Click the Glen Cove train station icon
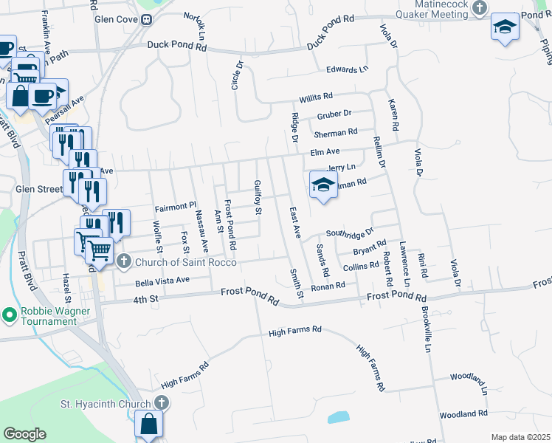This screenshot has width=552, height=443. pyautogui.click(x=148, y=20)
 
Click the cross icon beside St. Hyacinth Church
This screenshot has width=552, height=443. pyautogui.click(x=162, y=403)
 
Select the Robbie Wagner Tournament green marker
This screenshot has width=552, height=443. pyautogui.click(x=10, y=316)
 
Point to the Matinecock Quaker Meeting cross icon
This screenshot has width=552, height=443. pyautogui.click(x=480, y=8)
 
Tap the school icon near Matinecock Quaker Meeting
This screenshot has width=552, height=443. pyautogui.click(x=506, y=27)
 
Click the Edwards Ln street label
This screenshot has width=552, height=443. pyautogui.click(x=347, y=70)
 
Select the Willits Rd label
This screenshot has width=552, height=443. pyautogui.click(x=316, y=97)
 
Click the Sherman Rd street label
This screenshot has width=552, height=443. pyautogui.click(x=336, y=132)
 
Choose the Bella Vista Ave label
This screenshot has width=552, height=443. pyautogui.click(x=162, y=281)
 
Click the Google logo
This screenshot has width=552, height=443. pyautogui.click(x=25, y=434)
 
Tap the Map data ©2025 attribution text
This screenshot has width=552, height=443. pyautogui.click(x=520, y=437)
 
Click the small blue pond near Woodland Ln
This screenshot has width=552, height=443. pyautogui.click(x=338, y=416)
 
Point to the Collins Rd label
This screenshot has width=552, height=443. pyautogui.click(x=360, y=267)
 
